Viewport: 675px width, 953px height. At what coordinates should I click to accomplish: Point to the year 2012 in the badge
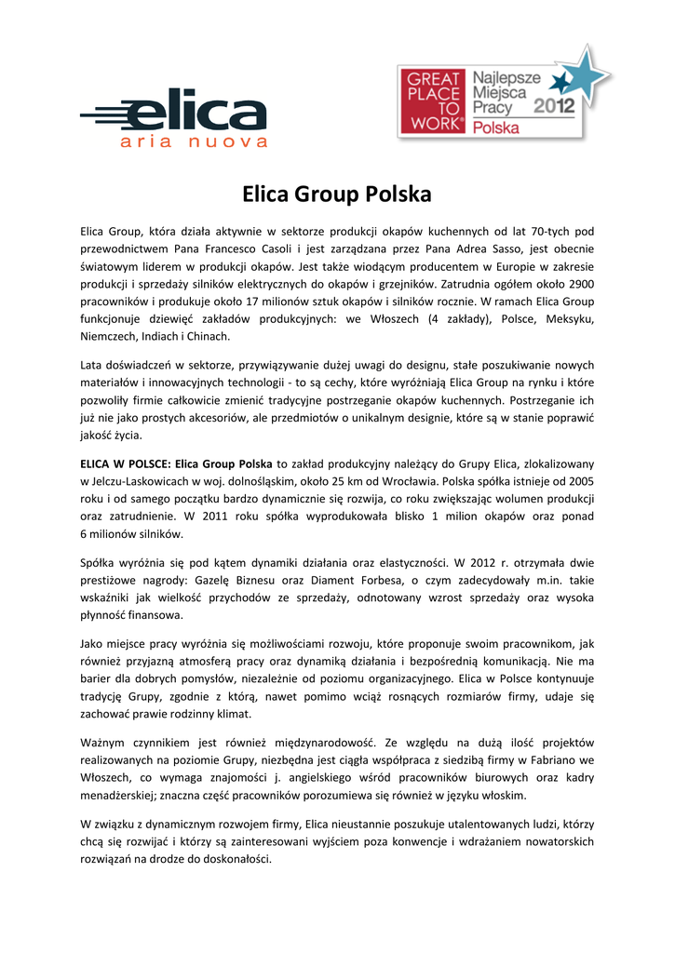click(554, 106)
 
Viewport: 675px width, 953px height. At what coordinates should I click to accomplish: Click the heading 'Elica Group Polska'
click(337, 195)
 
